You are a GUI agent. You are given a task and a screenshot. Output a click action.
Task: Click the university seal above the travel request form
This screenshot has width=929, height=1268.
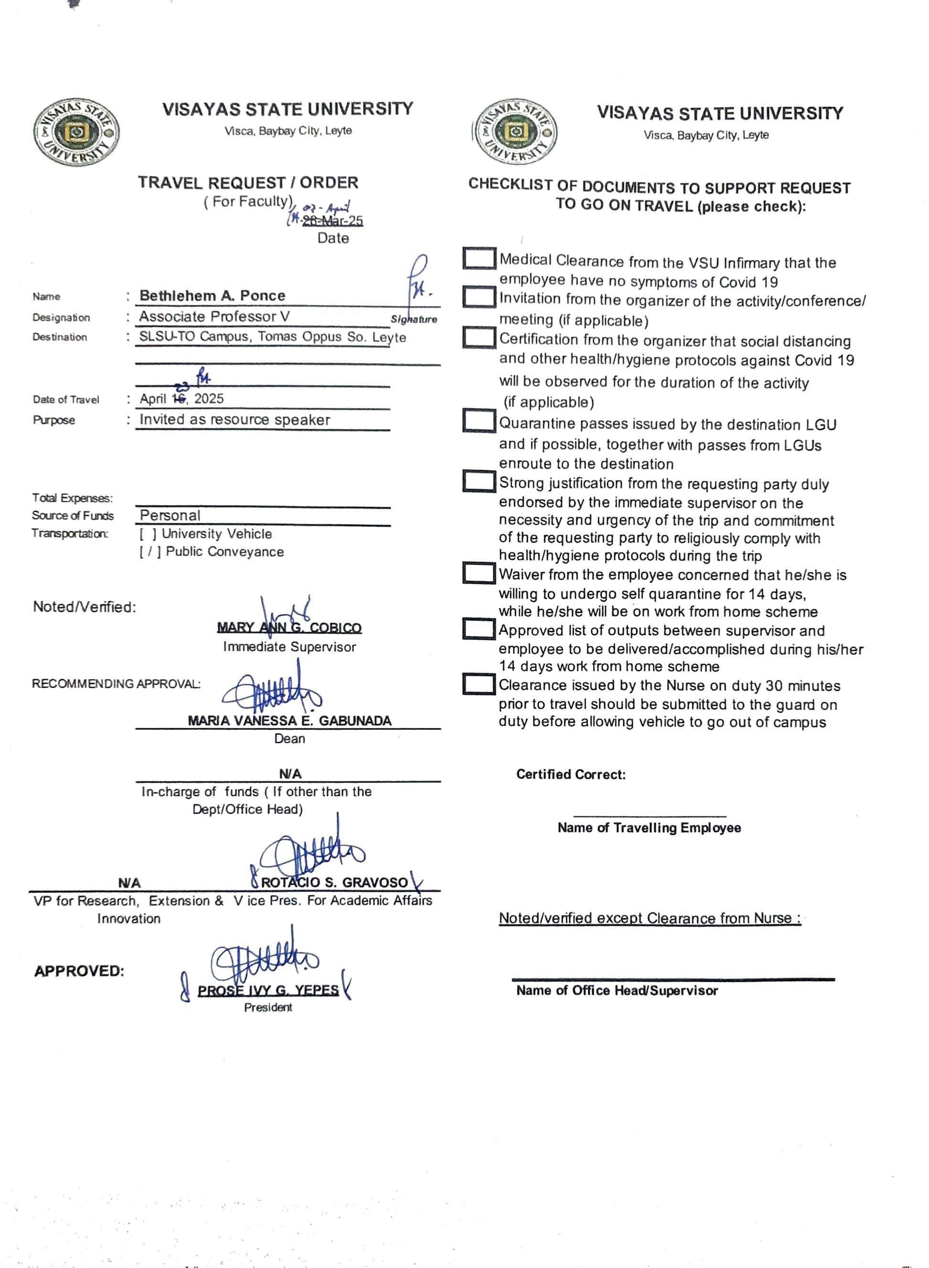(75, 133)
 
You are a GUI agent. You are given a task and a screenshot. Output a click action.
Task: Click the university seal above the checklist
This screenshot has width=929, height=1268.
(515, 133)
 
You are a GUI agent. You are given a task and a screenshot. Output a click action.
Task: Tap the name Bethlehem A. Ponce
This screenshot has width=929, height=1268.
(212, 295)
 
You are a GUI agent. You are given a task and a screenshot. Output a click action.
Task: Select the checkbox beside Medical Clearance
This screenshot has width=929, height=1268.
(479, 259)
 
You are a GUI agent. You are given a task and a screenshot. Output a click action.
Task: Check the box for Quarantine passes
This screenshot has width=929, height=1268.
(479, 420)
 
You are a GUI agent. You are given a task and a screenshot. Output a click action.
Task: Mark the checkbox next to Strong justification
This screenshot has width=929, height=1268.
(479, 481)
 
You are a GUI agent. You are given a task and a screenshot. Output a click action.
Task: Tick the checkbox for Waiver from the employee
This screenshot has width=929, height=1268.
(479, 573)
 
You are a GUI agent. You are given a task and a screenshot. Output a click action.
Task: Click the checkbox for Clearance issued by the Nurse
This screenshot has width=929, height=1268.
(479, 684)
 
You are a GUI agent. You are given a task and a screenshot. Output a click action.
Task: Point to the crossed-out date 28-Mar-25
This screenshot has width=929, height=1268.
(332, 221)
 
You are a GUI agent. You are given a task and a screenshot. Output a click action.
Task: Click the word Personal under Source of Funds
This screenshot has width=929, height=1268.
(170, 515)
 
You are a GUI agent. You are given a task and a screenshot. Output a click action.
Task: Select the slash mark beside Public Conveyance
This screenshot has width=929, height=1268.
(149, 552)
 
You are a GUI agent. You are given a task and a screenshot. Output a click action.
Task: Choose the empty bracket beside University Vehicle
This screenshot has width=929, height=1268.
(148, 534)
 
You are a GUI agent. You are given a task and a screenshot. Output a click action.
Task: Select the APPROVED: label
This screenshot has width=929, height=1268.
(79, 972)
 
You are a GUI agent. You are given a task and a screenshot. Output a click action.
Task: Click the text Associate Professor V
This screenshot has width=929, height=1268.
(214, 317)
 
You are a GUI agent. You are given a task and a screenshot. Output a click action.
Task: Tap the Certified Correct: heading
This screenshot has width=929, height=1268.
(571, 775)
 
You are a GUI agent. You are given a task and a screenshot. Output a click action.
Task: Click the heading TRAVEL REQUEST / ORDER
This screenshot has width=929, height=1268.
(248, 183)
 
